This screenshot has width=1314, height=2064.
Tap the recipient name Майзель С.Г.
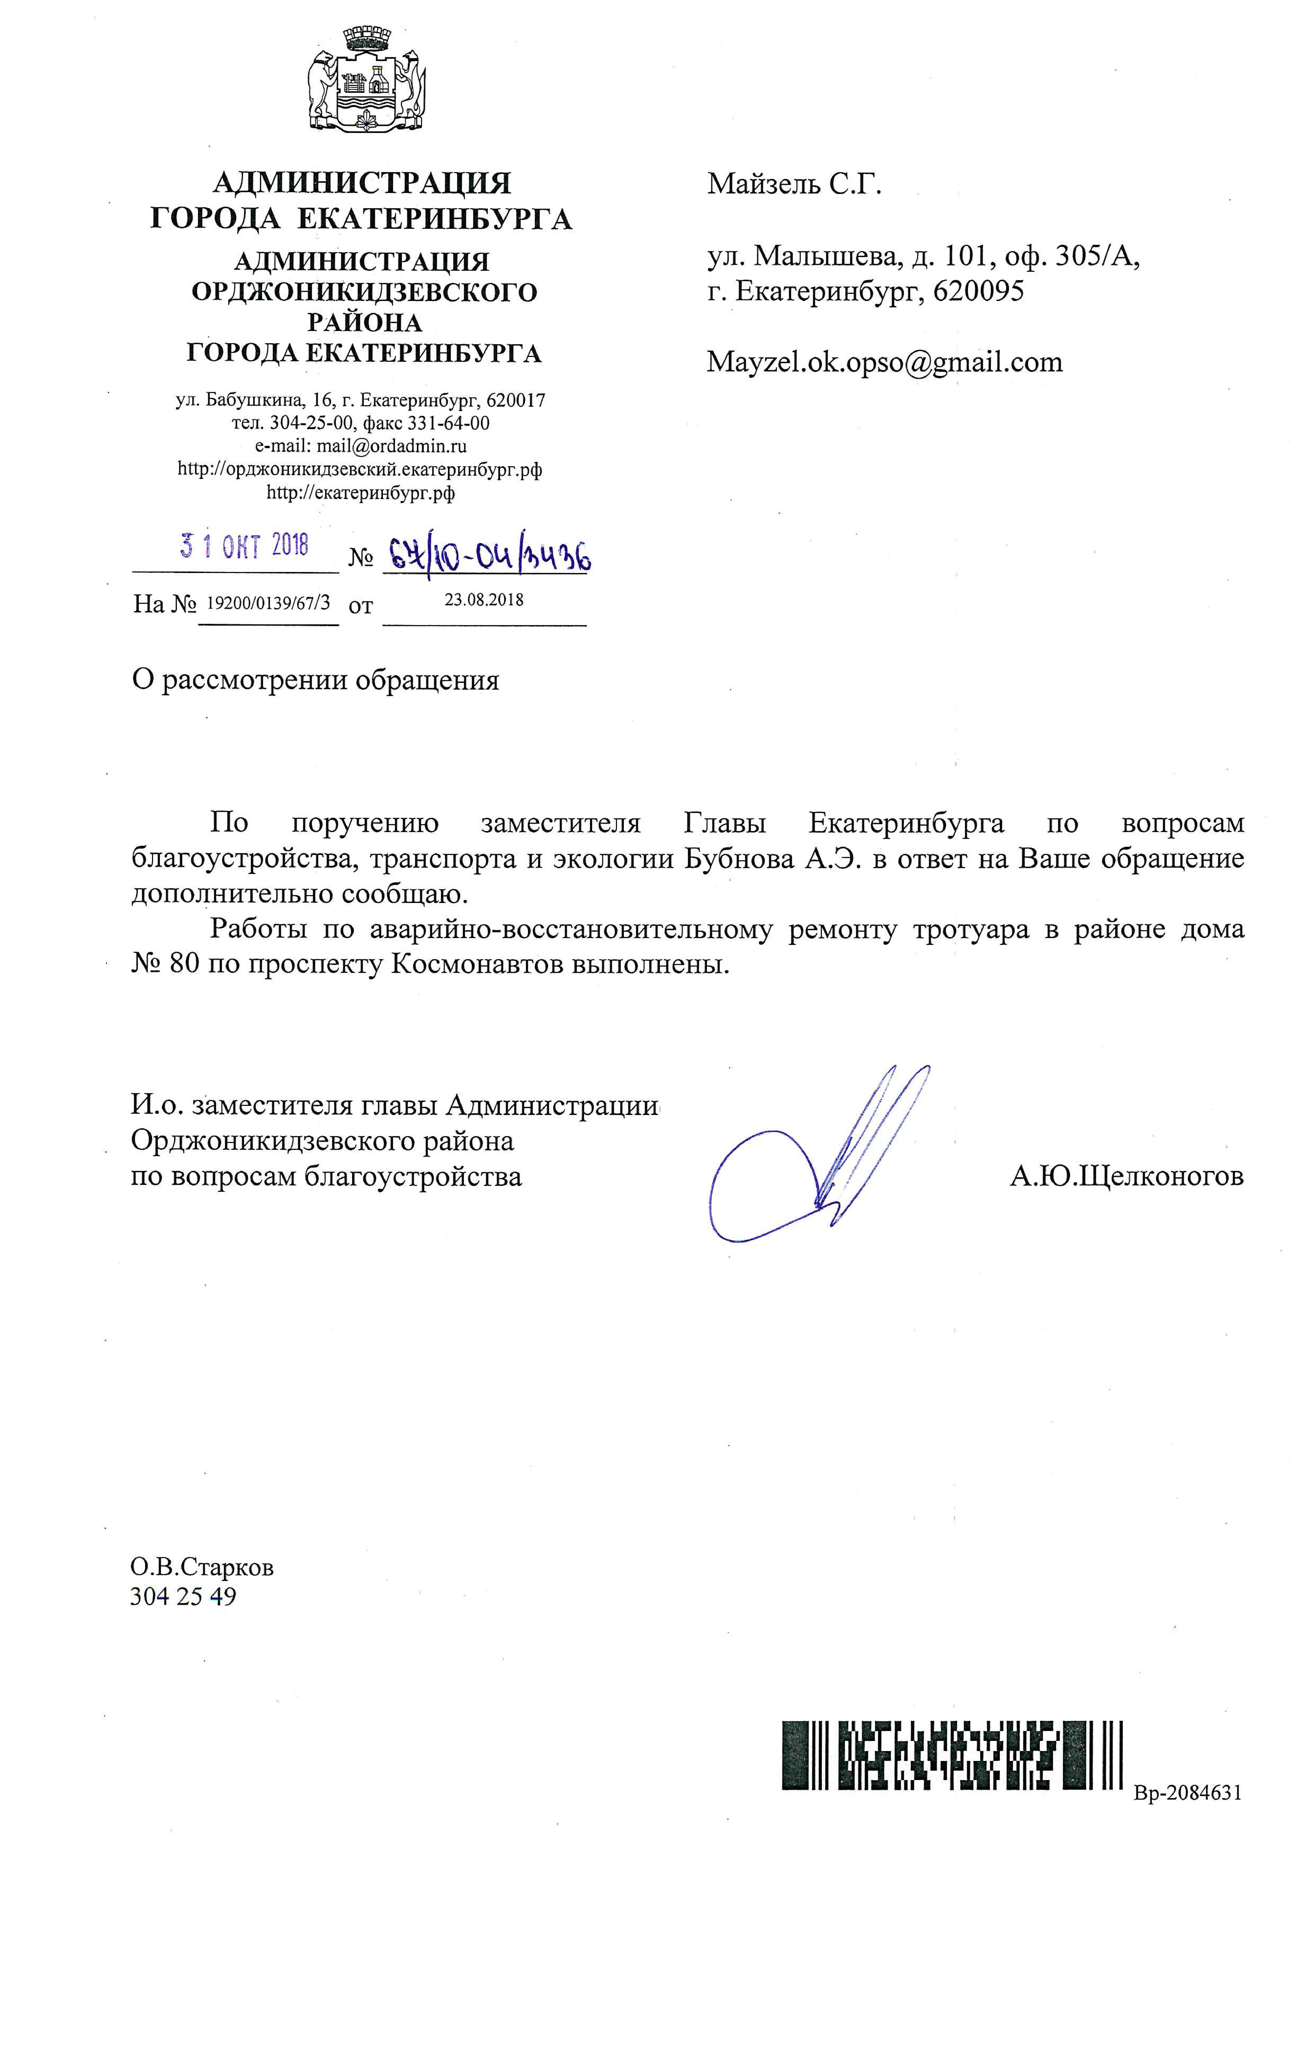tap(794, 184)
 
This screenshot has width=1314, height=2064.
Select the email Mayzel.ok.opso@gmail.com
tap(884, 363)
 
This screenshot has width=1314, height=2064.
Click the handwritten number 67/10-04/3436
tap(487, 557)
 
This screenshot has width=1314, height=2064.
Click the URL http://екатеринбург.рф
tap(361, 493)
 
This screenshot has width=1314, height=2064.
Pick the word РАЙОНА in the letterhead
tap(364, 323)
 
